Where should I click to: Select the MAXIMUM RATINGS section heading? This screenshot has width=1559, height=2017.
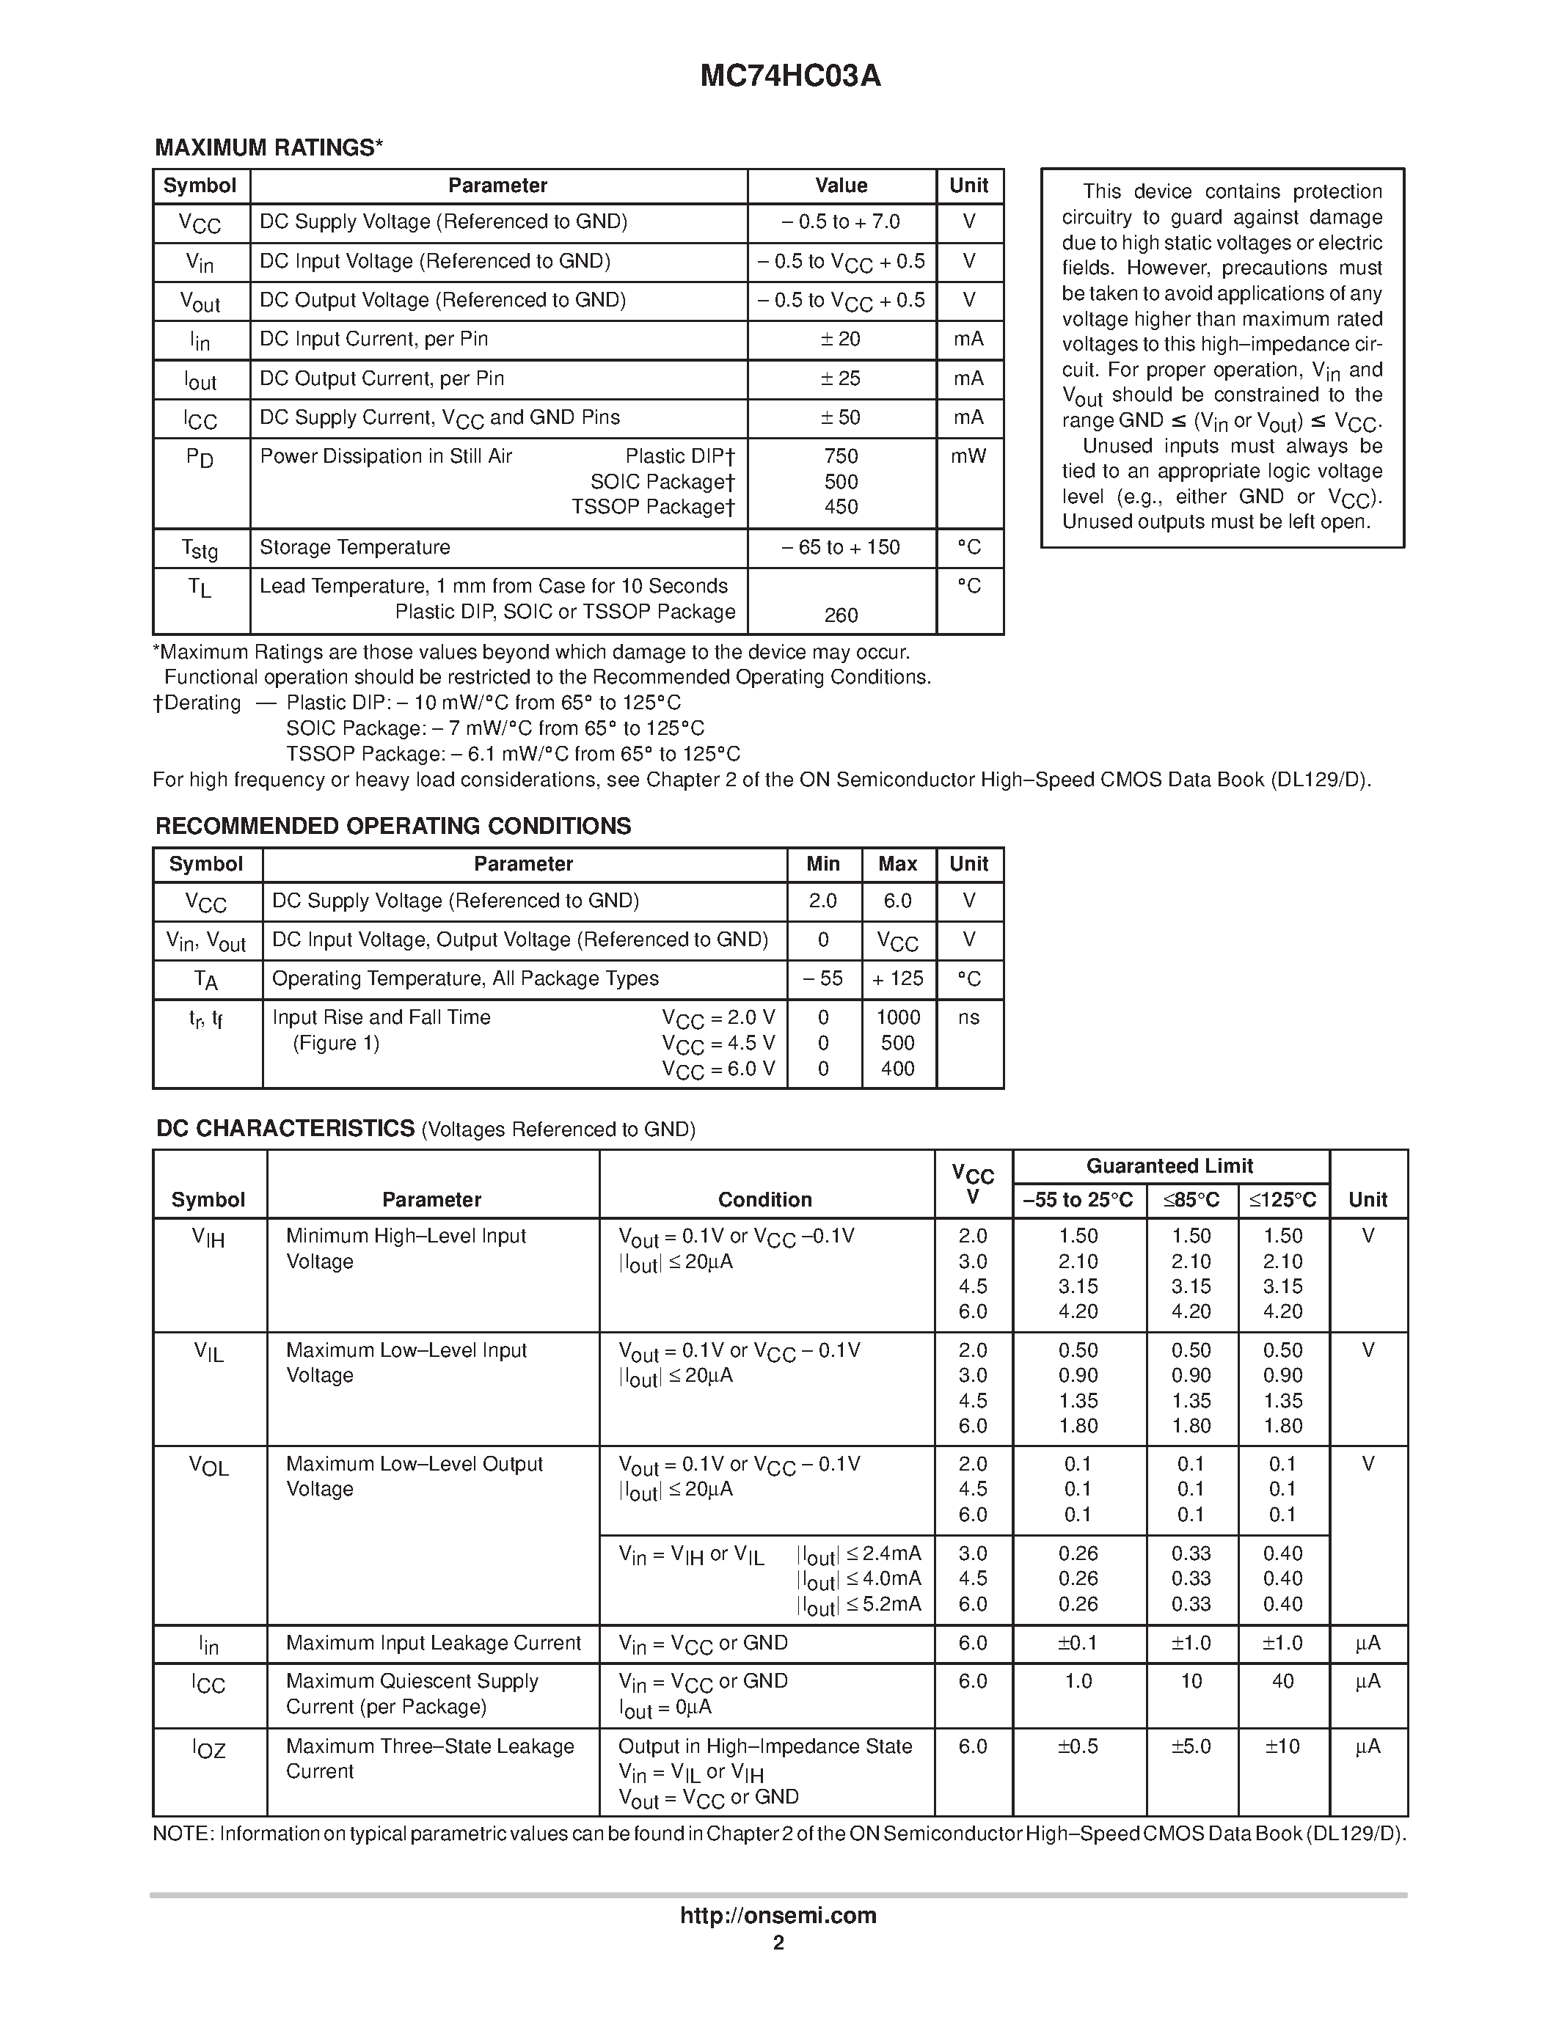point(269,147)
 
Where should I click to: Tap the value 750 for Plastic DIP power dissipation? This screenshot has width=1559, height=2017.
point(841,456)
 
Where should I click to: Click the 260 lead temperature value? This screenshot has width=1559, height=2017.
point(841,615)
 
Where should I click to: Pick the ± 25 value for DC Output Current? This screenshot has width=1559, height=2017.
point(841,378)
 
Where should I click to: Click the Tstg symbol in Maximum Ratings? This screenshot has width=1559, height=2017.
point(200,549)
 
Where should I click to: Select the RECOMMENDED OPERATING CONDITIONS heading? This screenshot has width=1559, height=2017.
point(393,826)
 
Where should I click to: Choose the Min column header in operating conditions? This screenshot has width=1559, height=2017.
point(823,865)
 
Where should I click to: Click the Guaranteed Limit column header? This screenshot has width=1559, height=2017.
point(1169,1166)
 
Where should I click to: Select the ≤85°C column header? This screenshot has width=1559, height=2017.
point(1191,1200)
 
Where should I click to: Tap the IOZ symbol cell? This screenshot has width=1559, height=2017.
point(209,1749)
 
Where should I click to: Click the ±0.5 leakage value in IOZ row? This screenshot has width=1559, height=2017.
point(1078,1746)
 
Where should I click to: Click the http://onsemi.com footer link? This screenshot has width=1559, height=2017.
point(778,1915)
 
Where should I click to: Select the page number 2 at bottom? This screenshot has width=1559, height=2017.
point(778,1942)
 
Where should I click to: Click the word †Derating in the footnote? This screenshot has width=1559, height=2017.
point(197,703)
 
